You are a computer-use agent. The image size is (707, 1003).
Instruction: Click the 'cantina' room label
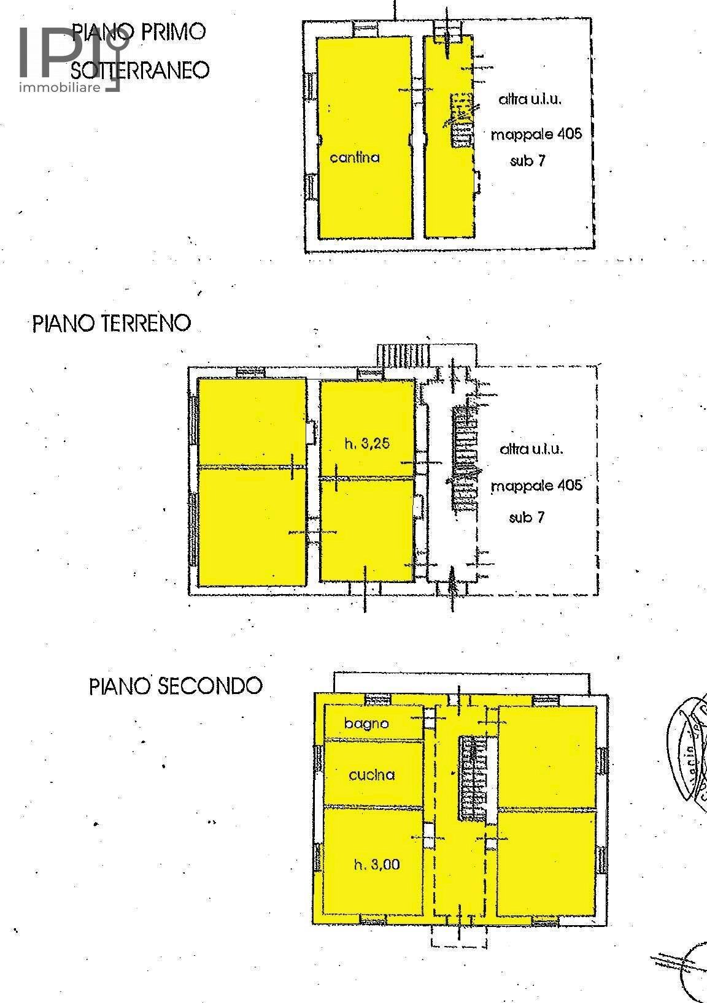pos(355,158)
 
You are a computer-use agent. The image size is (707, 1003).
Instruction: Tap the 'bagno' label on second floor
pos(366,723)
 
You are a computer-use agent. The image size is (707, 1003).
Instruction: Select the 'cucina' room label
pos(371,775)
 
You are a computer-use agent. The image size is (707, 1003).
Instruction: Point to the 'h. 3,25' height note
pos(367,443)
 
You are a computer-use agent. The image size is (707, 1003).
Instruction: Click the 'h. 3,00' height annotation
pos(377,864)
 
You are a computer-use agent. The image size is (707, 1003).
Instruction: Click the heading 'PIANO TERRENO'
pos(112,322)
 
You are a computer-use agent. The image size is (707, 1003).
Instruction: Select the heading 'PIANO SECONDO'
pos(176,685)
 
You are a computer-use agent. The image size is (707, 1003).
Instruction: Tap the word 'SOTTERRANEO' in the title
pos(141,70)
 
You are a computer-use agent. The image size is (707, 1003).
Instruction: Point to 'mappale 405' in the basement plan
pos(536,134)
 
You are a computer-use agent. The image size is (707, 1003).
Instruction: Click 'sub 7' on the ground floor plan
pos(527,517)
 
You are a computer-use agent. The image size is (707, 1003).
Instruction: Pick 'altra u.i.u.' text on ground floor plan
pos(531,449)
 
